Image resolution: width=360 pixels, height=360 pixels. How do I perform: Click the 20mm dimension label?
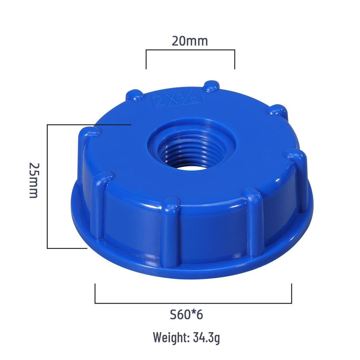coord(190,41)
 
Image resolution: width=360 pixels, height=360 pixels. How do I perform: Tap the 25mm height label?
coord(33,180)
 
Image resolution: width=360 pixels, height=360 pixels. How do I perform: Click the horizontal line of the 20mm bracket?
coord(190,50)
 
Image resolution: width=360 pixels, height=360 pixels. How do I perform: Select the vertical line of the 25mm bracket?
coord(47,186)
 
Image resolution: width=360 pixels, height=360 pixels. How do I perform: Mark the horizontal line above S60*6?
coord(193,303)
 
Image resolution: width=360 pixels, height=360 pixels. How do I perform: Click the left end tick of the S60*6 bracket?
coord(95,294)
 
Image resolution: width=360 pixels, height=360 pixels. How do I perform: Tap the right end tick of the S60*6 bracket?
coord(291,294)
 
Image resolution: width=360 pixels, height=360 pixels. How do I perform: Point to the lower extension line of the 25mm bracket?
coord(67,248)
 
